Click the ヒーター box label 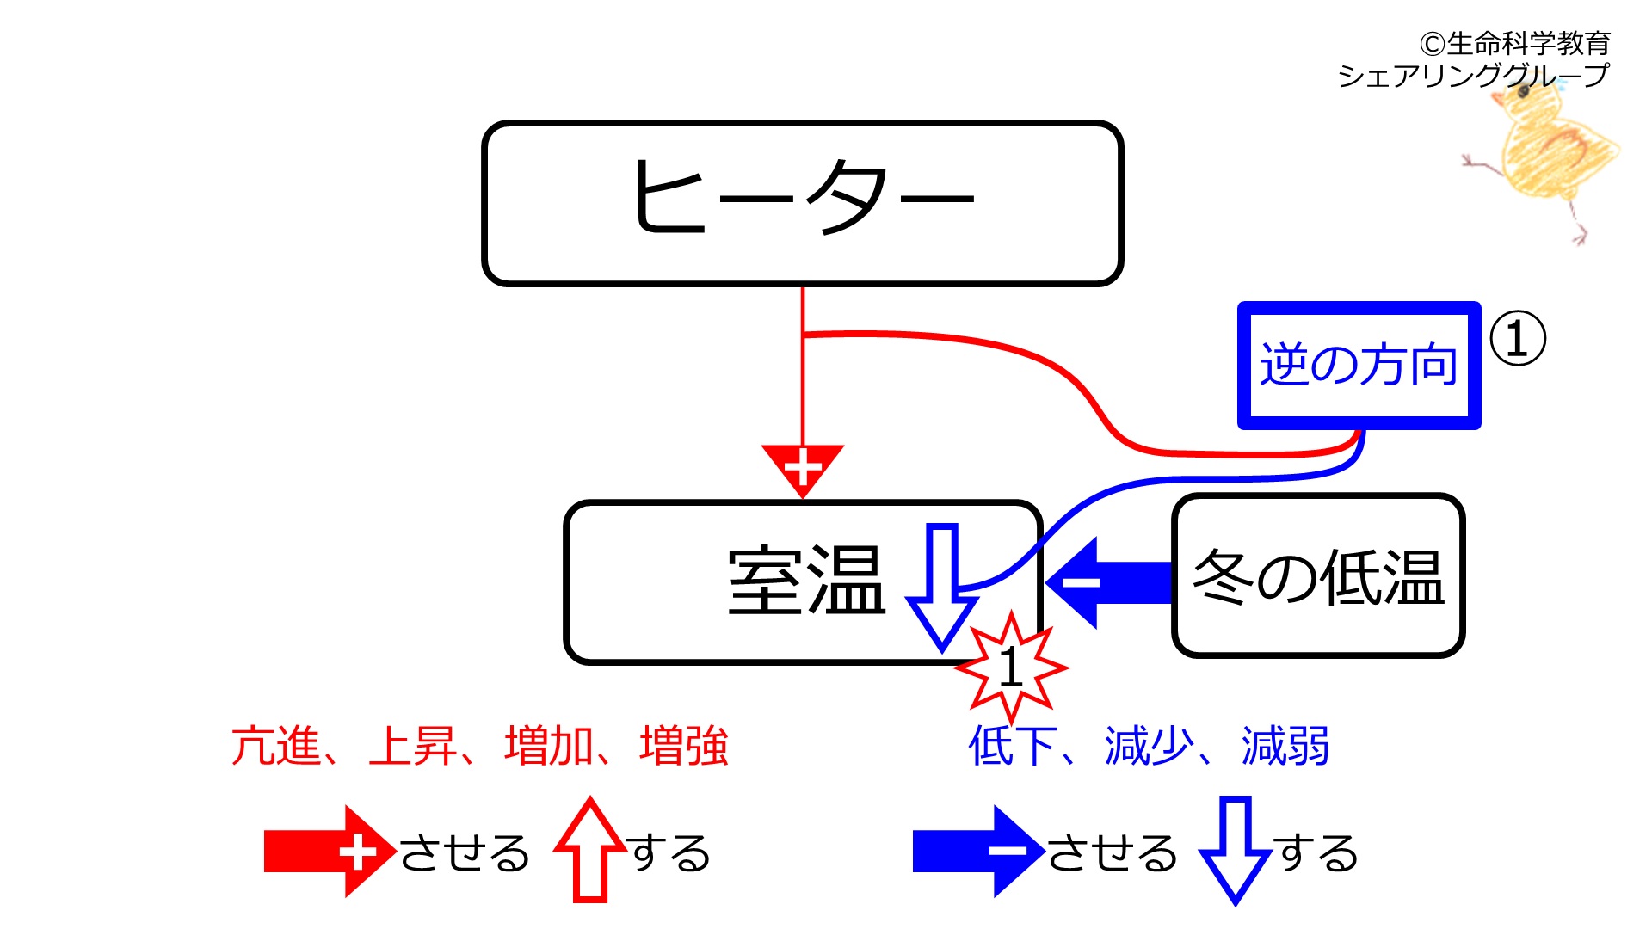coord(802,198)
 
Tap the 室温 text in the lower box coord(806,581)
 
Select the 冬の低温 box coord(1318,575)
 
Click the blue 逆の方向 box coord(1359,365)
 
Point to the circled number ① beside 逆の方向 coord(1518,338)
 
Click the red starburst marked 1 coord(1012,668)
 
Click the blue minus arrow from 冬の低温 coord(1109,582)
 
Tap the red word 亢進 coord(276,746)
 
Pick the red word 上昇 coord(412,746)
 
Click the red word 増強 coord(684,746)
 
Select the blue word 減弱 coord(1285,746)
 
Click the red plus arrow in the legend coord(330,852)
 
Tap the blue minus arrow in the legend coord(979,852)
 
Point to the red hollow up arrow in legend coord(590,849)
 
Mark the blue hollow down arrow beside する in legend coord(1236,851)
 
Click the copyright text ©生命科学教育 coord(1515,43)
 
